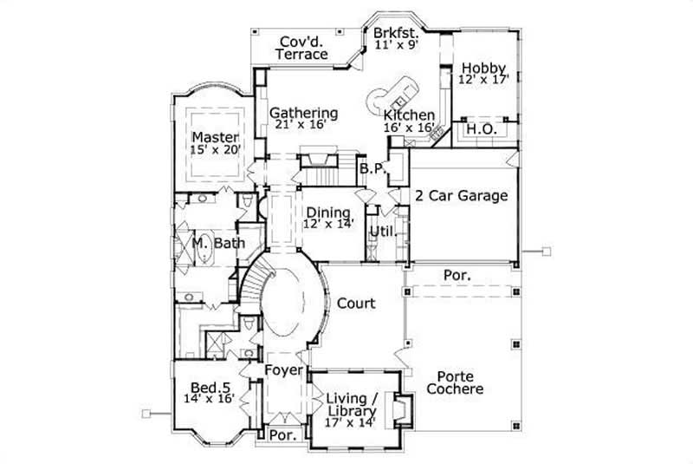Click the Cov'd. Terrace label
[x=301, y=47]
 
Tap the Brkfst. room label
[x=396, y=33]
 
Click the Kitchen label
[x=409, y=115]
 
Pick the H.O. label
[x=481, y=129]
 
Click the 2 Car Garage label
[x=461, y=196]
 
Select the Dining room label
[x=327, y=212]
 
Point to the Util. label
[x=381, y=232]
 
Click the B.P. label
[x=372, y=168]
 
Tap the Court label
[x=356, y=304]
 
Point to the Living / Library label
[x=352, y=404]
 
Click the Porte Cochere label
[x=460, y=382]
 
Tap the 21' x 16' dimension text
[x=302, y=125]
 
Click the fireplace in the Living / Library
[x=399, y=408]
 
